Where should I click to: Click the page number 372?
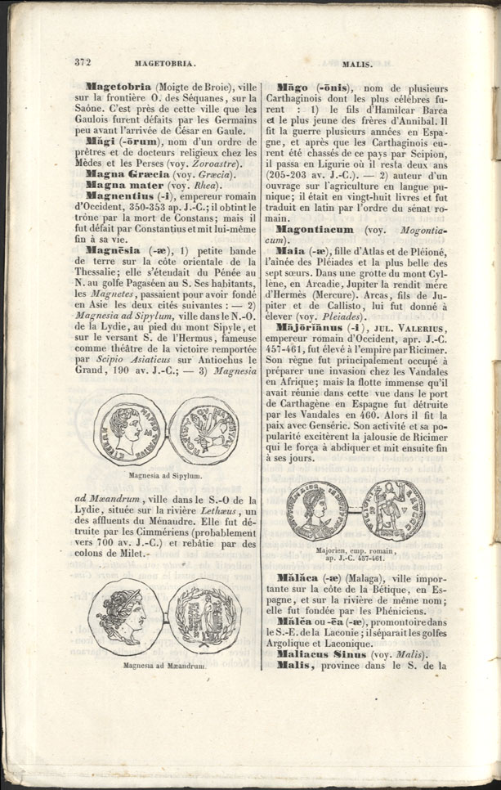82,61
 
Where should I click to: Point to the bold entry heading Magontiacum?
313,231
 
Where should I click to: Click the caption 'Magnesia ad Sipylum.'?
166,474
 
